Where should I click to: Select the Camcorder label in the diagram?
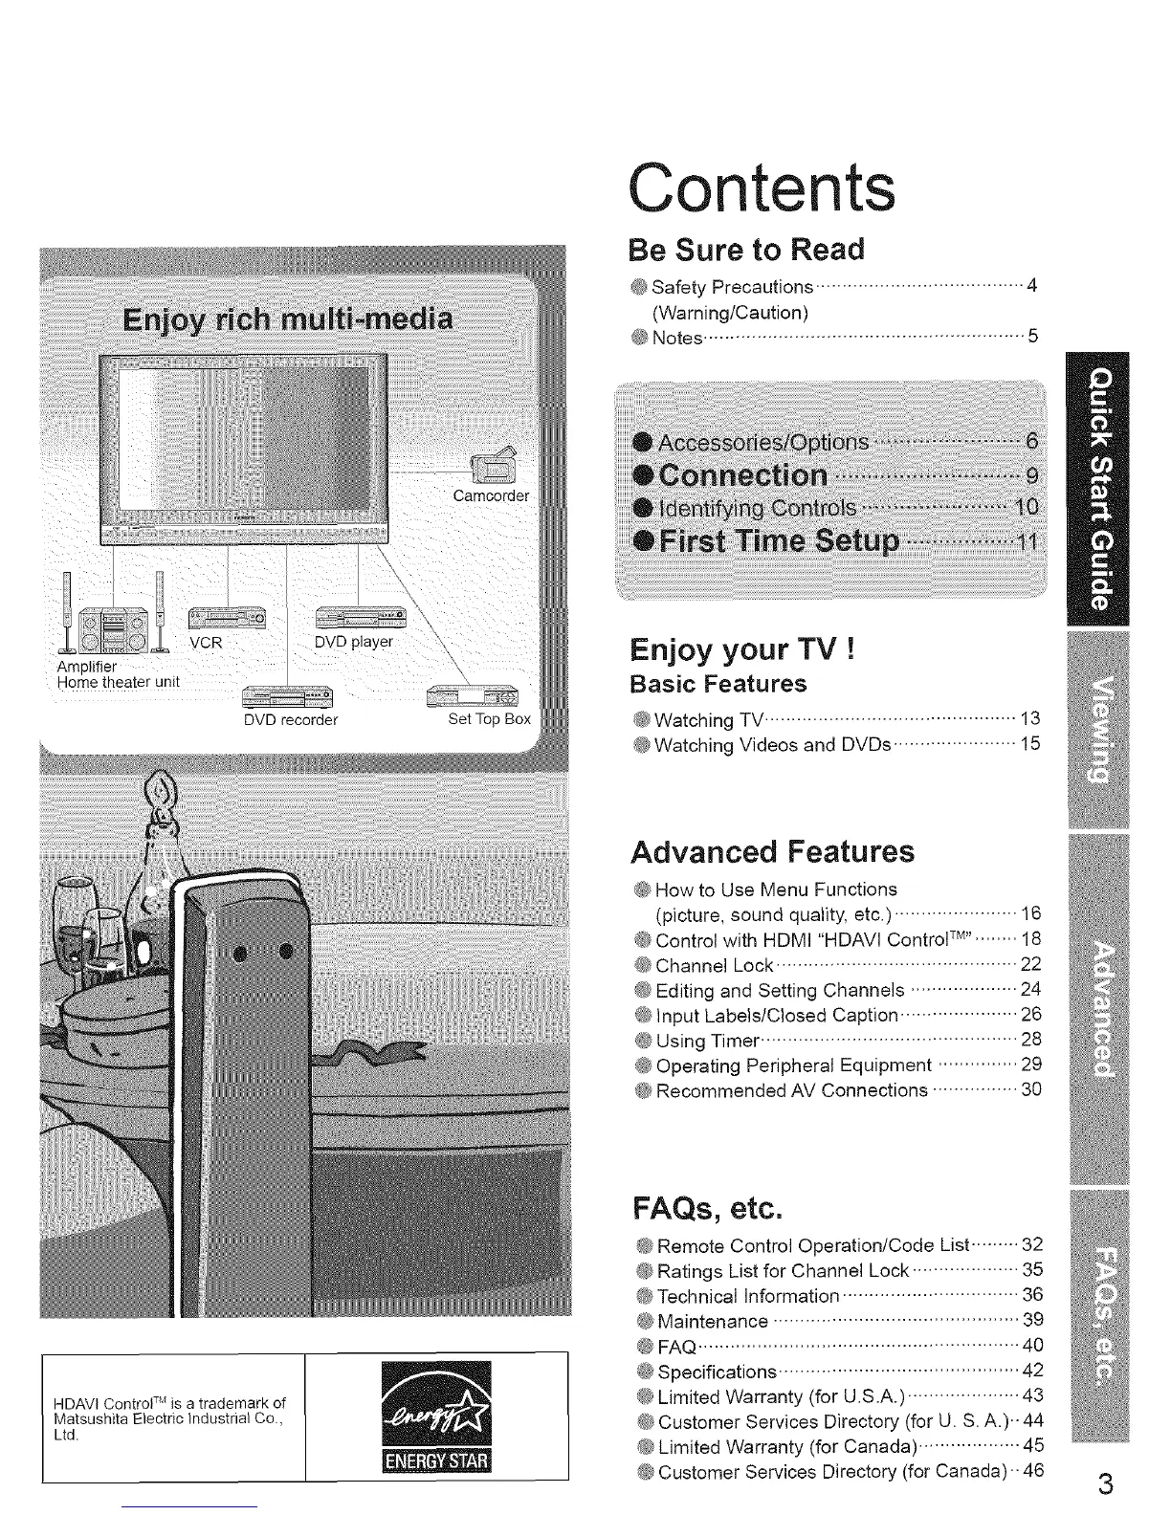490,496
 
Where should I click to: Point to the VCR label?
206,643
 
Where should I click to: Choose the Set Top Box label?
489,719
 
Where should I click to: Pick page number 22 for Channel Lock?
1030,964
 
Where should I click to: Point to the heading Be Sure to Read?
745,250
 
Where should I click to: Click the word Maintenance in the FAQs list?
713,1321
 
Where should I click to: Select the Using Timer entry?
707,1041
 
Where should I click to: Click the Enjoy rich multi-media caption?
288,318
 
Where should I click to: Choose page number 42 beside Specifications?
1032,1371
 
